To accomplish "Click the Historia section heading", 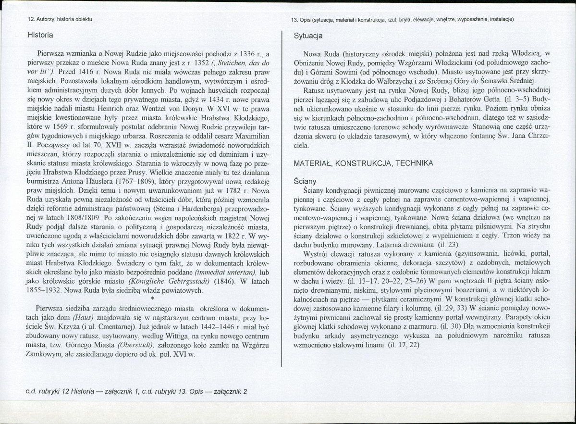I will (x=40, y=35).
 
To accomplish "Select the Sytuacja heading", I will (x=308, y=36).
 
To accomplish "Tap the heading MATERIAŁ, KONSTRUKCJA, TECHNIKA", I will (x=364, y=163).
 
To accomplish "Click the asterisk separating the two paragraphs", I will (x=152, y=298).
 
